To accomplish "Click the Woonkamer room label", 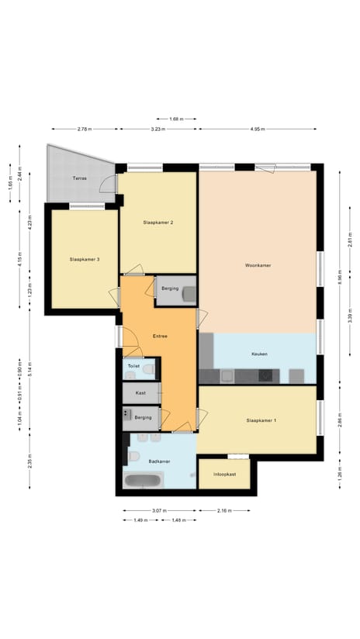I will pos(257,265).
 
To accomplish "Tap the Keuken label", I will pos(259,354).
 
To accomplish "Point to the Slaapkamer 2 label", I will pos(157,223).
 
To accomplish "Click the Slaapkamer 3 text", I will pos(85,260).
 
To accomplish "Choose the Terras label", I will pos(79,178).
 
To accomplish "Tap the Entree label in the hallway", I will pos(160,336).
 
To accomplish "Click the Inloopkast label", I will pos(224,474).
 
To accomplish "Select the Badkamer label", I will pos(159,461).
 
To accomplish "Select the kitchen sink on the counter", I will pos(227,376).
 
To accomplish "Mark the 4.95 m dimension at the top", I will pos(257,129).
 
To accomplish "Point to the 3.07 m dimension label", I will pos(159,510).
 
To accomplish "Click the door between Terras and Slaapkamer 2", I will pos(116,184).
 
